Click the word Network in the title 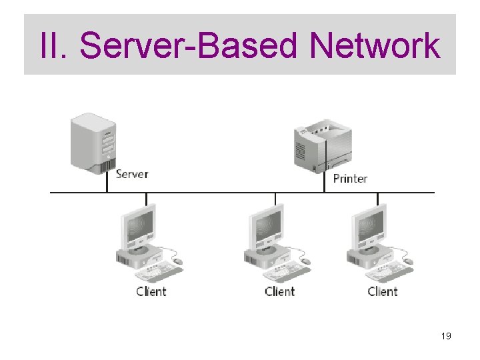coord(375,46)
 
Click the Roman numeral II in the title coord(52,46)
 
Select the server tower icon coord(93,142)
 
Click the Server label coord(131,174)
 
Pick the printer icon coord(322,144)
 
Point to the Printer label coord(350,178)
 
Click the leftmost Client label coord(151,291)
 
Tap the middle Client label coord(279,291)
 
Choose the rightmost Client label coord(382,291)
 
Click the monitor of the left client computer coord(138,227)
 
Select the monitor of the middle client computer coord(267,227)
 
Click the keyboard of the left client coord(161,271)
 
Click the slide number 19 coord(446,337)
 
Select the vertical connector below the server coord(107,183)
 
